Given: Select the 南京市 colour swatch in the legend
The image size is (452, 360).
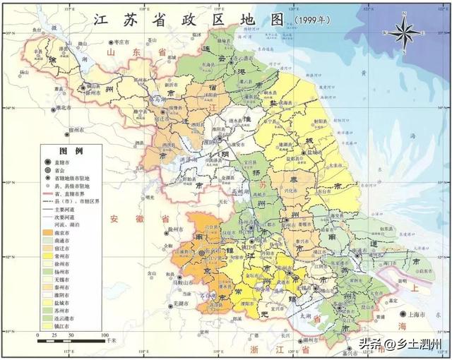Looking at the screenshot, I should click(49, 232).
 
